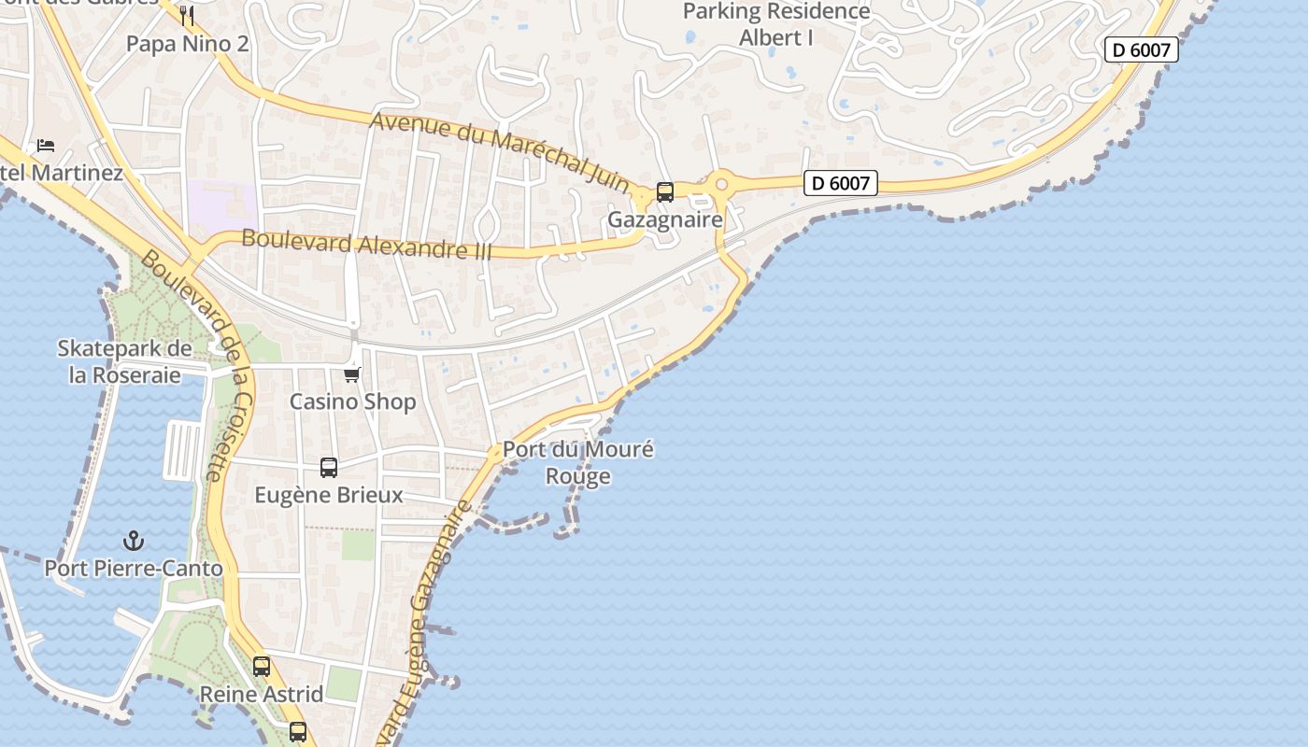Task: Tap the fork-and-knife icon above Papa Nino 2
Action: pyautogui.click(x=187, y=15)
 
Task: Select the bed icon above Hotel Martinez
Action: pyautogui.click(x=46, y=145)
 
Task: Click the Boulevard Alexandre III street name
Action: pyautogui.click(x=366, y=244)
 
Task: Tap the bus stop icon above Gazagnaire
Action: pyautogui.click(x=665, y=192)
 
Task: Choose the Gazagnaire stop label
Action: pyautogui.click(x=665, y=219)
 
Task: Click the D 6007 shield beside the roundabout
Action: pyautogui.click(x=841, y=184)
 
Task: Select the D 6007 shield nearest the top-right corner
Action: pyautogui.click(x=1141, y=49)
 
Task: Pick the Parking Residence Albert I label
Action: pyautogui.click(x=776, y=24)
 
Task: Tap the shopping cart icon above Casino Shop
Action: pyautogui.click(x=352, y=374)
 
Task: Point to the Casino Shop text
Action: pyautogui.click(x=352, y=402)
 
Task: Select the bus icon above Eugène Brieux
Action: pyautogui.click(x=329, y=468)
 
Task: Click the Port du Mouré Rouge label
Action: pyautogui.click(x=578, y=462)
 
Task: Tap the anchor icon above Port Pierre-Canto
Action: pyautogui.click(x=134, y=541)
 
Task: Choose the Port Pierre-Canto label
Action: pyautogui.click(x=134, y=569)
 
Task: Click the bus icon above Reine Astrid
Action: pyautogui.click(x=262, y=667)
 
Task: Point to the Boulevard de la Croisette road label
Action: pyautogui.click(x=199, y=364)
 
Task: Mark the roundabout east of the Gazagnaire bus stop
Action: pyautogui.click(x=720, y=185)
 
